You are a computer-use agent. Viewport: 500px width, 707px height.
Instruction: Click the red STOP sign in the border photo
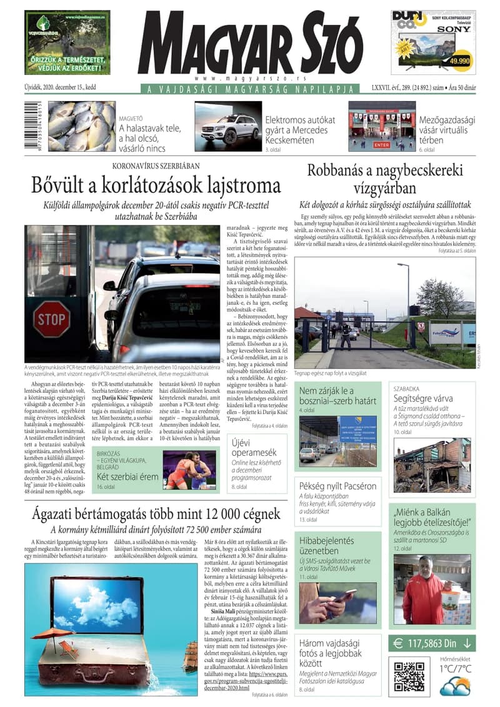[51, 319]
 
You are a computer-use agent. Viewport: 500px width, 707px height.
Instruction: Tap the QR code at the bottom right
[409, 676]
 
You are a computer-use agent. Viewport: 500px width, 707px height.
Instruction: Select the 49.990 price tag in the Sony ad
[459, 61]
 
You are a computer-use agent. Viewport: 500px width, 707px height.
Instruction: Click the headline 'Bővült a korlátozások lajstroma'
[157, 185]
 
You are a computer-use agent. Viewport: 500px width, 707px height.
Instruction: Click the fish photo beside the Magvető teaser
[82, 127]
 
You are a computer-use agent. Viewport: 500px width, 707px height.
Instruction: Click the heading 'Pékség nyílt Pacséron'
[337, 485]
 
